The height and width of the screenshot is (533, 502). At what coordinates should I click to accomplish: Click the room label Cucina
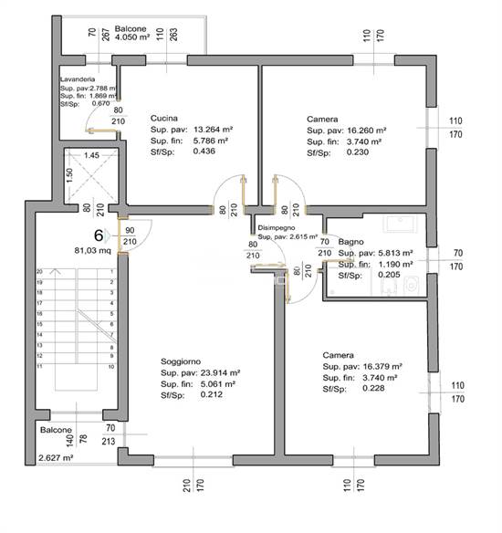[x=163, y=119]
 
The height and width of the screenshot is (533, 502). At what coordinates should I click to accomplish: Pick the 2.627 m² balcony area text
[x=55, y=459]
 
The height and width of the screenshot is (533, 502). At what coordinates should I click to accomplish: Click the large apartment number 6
[x=97, y=234]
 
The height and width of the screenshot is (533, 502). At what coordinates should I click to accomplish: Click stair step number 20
[x=39, y=272]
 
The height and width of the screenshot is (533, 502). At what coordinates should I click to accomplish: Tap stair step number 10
[x=110, y=367]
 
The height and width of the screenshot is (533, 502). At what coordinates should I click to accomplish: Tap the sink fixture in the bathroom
[x=400, y=225]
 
